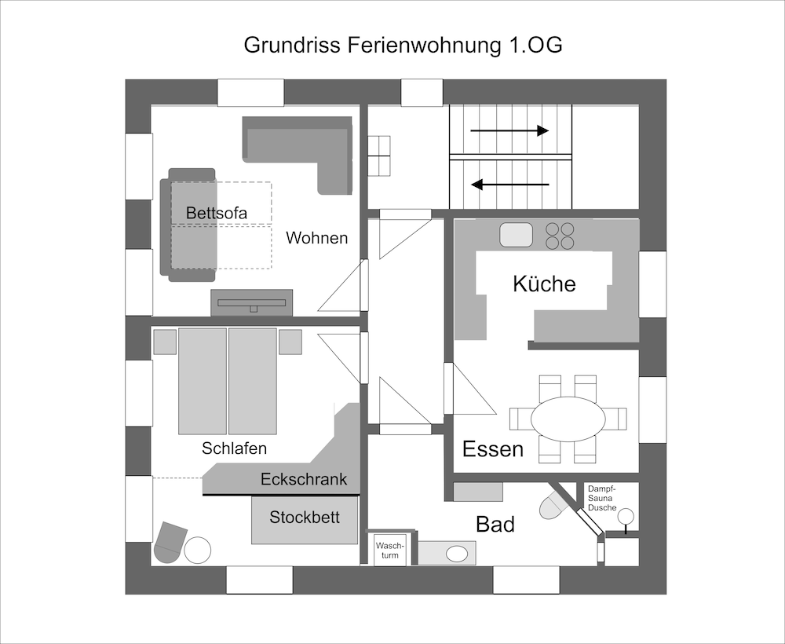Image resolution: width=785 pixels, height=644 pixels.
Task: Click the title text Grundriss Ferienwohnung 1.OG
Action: point(403,45)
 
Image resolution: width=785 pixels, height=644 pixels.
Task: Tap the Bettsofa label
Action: point(217,213)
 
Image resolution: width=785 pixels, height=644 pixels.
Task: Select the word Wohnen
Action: point(316,237)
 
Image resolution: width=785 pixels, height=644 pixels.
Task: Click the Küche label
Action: point(544,284)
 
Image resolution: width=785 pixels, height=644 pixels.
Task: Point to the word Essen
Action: point(493,448)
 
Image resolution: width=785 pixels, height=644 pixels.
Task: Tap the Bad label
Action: point(495,524)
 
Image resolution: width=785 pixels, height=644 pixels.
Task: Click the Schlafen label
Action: point(234,448)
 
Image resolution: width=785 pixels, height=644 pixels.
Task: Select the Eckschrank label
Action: point(304,479)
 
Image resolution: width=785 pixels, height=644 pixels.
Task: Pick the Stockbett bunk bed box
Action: point(305,519)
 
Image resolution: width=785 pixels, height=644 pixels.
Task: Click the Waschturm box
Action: point(389,550)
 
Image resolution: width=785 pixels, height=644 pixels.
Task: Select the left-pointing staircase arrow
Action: point(509,185)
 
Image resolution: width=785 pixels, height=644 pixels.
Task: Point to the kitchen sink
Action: point(516,234)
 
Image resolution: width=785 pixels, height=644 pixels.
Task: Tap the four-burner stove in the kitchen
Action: point(560,236)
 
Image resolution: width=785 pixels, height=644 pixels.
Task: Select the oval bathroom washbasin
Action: point(456,554)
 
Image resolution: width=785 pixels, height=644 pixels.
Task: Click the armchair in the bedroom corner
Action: point(170,542)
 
